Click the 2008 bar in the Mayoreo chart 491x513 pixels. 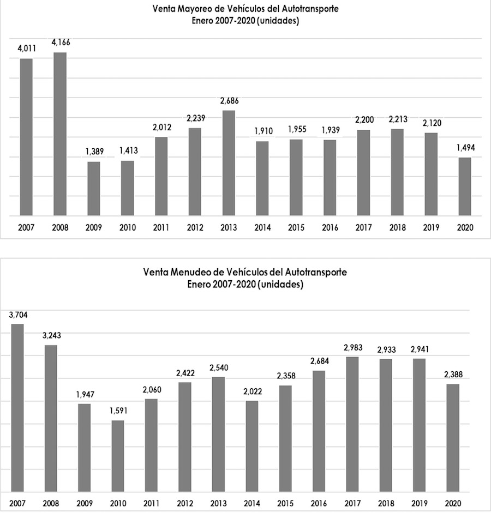pos(60,134)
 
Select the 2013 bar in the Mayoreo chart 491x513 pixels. pos(229,163)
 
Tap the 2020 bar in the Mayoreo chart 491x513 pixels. pos(465,186)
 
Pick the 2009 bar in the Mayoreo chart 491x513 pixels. pos(94,189)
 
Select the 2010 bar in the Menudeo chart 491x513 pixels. pos(117,456)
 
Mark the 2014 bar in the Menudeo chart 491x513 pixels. pos(252,446)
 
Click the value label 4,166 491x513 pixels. pos(61,42)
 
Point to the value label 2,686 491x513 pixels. pos(229,100)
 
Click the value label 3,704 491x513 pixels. pos(18,315)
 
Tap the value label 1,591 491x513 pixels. pos(117,411)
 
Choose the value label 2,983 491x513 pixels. pos(352,347)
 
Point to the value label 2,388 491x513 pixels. pos(453,375)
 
